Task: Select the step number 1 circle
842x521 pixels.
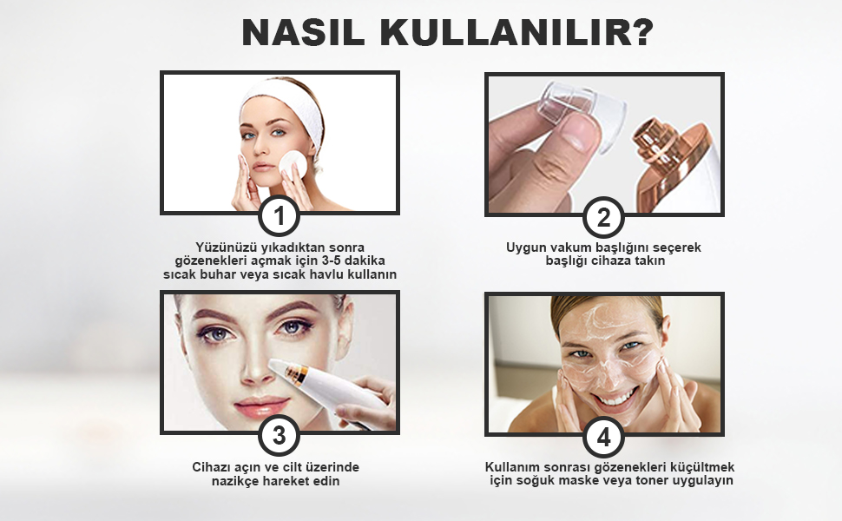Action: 279,217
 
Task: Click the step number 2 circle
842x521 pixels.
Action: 603,218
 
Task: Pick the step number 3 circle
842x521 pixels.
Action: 280,436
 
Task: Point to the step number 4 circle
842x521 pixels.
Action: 603,438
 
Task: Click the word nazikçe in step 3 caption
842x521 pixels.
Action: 235,481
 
